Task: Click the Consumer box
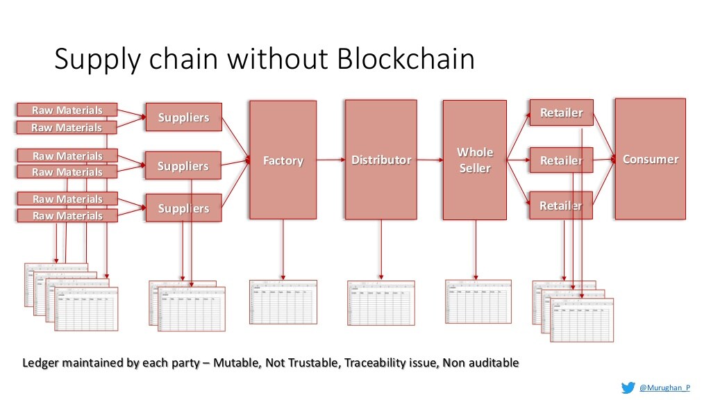650,159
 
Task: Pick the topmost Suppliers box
183,117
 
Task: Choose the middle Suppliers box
183,166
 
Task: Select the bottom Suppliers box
183,208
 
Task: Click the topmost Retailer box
561,112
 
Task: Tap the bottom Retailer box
561,205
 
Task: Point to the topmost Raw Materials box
67,110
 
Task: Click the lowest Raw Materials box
67,216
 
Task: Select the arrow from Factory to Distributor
331,160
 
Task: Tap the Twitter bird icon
628,387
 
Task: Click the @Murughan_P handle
664,387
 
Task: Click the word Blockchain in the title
406,59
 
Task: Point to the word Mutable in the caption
237,362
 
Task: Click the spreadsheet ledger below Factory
283,301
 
